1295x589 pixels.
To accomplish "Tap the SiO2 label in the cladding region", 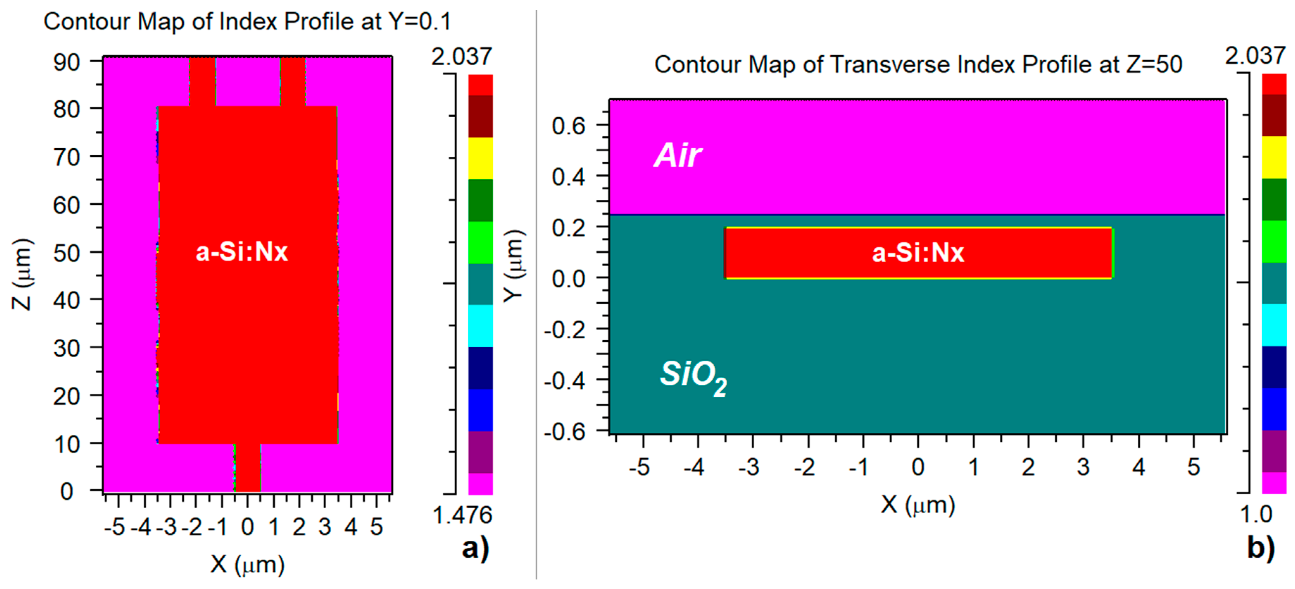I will [x=693, y=377].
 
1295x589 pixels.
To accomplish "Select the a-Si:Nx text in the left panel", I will [x=241, y=252].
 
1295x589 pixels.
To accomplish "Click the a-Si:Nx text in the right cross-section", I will [x=918, y=253].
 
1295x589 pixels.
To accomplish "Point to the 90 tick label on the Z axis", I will [x=67, y=62].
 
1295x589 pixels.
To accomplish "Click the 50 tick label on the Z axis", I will [x=67, y=253].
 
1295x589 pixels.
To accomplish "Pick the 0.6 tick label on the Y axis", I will [x=568, y=125].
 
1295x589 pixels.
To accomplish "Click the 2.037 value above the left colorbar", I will [x=461, y=56].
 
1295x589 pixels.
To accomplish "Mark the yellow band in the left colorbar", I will [x=480, y=158].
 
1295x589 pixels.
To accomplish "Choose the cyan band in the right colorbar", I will [x=1274, y=324].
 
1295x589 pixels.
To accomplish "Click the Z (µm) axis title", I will [x=23, y=274].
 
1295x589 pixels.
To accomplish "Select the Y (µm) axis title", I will [x=514, y=266].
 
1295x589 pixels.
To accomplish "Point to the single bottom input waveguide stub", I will [x=247, y=468].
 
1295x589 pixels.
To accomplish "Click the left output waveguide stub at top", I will [x=202, y=81].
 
